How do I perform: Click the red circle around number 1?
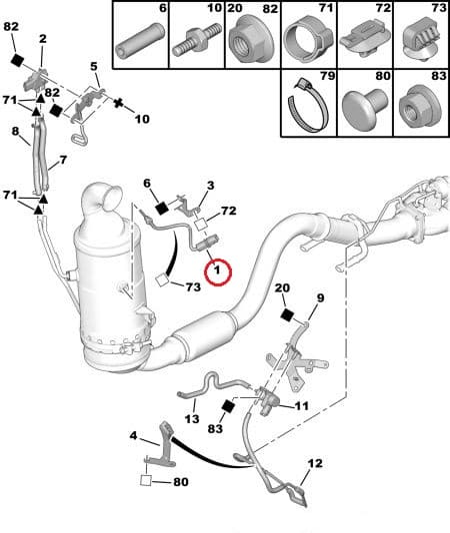click(216, 269)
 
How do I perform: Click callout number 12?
click(315, 462)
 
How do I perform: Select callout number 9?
click(321, 297)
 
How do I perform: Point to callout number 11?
click(301, 405)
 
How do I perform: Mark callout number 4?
click(133, 435)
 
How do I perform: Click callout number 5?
click(94, 67)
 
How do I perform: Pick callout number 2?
click(42, 38)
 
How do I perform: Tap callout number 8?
click(15, 131)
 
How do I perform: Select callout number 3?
click(210, 185)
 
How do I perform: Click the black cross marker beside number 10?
click(117, 103)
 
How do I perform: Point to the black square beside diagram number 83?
click(227, 406)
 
